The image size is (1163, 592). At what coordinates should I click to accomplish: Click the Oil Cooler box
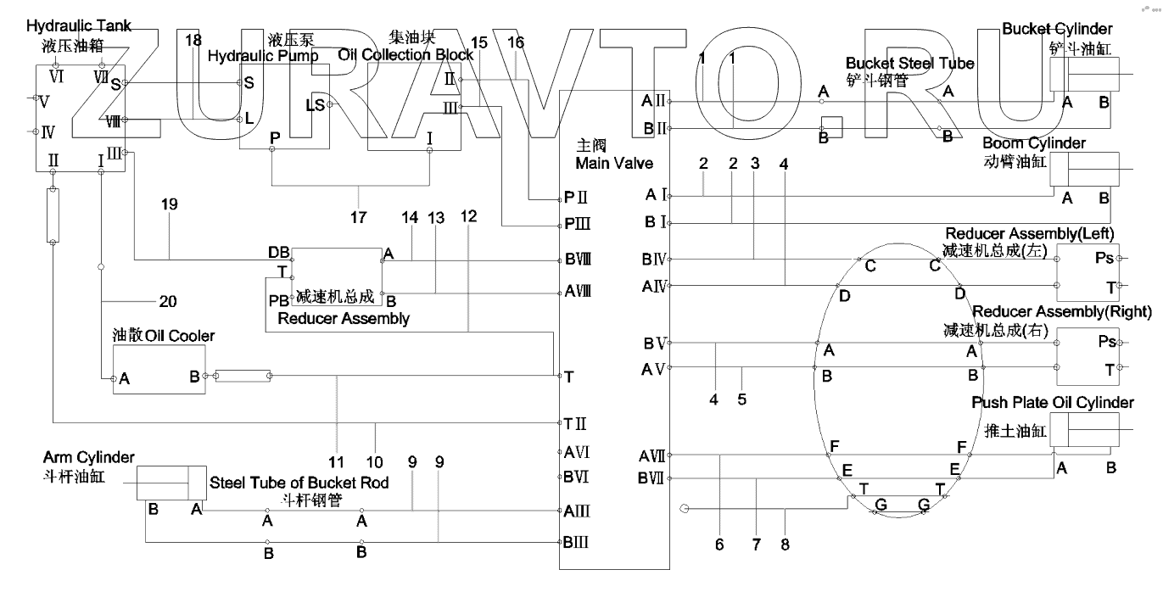[159, 369]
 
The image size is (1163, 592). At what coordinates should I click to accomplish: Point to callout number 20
[168, 301]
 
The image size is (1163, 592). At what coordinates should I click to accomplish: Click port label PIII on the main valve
[572, 225]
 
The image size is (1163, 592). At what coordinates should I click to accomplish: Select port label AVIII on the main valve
[577, 290]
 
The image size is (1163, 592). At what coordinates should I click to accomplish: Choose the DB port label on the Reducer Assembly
[278, 253]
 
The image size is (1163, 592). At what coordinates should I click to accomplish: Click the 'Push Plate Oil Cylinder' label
[1052, 402]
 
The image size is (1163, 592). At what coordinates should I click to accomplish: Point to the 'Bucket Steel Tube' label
[909, 64]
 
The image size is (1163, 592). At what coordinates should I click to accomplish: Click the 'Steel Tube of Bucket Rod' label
[299, 483]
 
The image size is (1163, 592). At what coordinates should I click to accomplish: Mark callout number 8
[785, 545]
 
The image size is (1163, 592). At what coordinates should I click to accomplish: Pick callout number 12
[468, 217]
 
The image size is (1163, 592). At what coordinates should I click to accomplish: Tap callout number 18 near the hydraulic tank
[193, 41]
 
